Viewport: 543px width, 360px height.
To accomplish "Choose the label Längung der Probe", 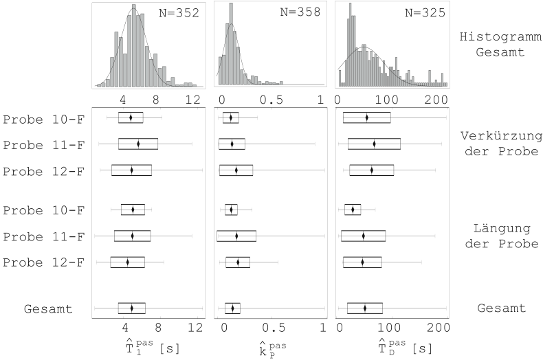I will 498,236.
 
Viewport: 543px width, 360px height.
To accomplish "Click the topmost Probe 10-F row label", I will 43,118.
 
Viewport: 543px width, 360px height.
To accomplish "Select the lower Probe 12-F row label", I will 43,262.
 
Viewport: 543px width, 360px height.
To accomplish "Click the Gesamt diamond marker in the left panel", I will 131,308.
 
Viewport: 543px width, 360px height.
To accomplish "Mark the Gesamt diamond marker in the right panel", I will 364,308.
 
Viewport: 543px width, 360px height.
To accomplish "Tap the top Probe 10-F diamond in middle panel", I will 231,117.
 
